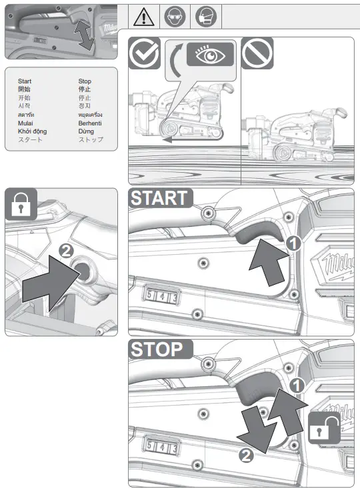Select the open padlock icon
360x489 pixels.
coord(324,427)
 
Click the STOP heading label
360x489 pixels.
coord(157,349)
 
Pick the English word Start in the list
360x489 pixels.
coord(25,81)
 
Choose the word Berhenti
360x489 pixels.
coord(91,123)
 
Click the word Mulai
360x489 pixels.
coord(25,123)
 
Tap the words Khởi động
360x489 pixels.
coord(30,131)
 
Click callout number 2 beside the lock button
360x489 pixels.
coord(66,251)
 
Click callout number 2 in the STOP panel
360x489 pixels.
coord(247,456)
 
